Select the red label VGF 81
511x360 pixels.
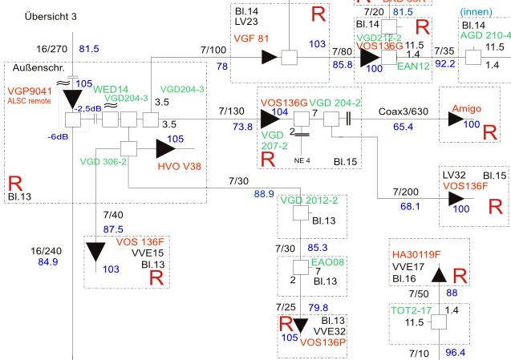pos(251,38)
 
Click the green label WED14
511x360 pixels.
pos(112,88)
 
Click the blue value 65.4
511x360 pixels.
pos(404,127)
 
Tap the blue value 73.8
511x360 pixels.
pos(243,127)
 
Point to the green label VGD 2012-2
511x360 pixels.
pos(310,200)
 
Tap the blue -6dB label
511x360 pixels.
pos(57,137)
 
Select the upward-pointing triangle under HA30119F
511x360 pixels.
pos(439,276)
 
